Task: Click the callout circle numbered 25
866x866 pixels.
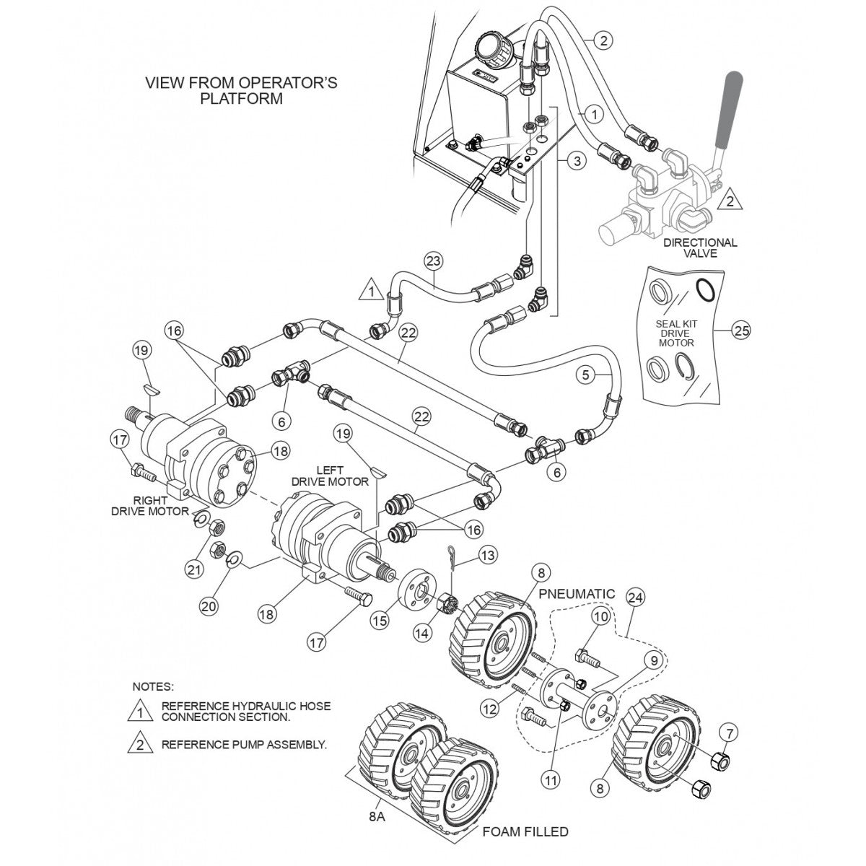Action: [741, 331]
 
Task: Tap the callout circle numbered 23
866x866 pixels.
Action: [434, 261]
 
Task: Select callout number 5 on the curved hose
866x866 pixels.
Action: [585, 374]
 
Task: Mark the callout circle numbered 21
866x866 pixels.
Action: [192, 570]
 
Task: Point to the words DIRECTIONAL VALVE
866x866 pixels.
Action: [701, 248]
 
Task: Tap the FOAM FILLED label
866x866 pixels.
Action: [525, 831]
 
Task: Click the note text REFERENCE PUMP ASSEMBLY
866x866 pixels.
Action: [244, 744]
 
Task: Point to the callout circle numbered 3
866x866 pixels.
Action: [576, 161]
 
